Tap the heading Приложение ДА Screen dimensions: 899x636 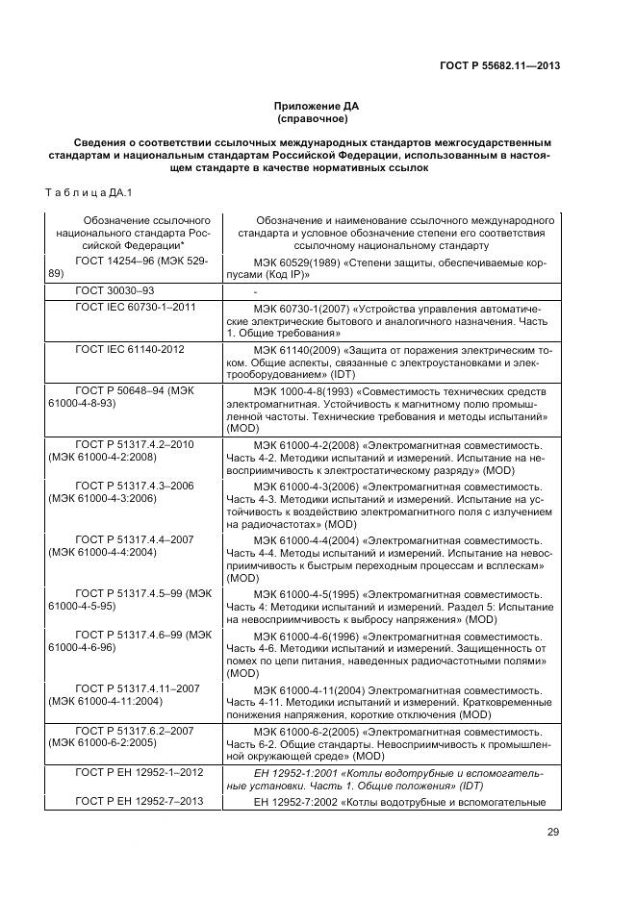pyautogui.click(x=318, y=107)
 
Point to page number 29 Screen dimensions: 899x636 pyautogui.click(x=553, y=833)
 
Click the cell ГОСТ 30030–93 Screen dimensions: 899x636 pyautogui.click(x=114, y=289)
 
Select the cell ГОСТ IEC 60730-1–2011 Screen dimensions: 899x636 pyautogui.click(x=136, y=308)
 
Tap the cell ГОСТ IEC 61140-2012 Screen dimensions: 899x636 pyautogui.click(x=130, y=348)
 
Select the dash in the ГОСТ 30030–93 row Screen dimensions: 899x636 pyautogui.click(x=255, y=290)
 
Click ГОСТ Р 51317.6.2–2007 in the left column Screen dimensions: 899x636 pyautogui.click(x=135, y=732)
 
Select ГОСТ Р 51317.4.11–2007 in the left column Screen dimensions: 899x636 pyautogui.click(x=138, y=689)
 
